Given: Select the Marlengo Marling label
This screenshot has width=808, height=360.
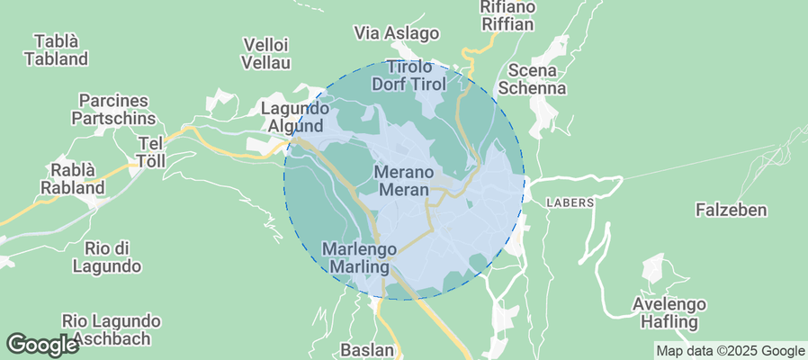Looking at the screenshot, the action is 359,257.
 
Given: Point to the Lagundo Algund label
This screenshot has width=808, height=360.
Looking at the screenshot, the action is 292,117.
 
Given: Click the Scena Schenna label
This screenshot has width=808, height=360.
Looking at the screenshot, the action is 537,79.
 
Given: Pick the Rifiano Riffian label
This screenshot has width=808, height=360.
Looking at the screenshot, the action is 508,16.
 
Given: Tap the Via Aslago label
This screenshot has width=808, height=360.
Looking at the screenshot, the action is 397,33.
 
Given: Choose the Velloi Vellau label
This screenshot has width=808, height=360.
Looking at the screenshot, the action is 266,53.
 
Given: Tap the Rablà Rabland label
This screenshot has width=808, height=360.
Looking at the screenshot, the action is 72,179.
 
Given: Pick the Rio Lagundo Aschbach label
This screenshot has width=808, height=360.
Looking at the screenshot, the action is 112,329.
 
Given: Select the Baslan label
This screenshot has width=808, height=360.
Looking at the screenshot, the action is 368,349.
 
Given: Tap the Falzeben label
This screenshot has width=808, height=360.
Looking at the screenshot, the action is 731,210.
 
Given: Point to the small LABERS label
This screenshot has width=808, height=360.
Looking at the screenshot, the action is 570,202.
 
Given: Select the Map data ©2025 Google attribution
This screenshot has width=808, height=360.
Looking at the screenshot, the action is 730,351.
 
